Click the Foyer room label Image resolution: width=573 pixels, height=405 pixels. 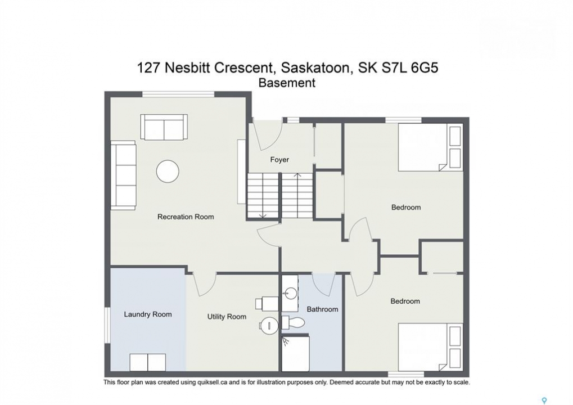(x=279, y=159)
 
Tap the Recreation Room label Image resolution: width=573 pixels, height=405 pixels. (x=186, y=217)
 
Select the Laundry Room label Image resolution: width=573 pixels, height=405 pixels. (x=148, y=314)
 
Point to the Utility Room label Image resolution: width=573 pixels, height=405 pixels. (x=227, y=317)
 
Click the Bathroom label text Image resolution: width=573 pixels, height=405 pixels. (x=322, y=309)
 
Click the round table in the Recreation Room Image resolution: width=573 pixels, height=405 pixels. (x=168, y=171)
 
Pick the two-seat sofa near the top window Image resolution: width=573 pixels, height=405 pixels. (x=164, y=127)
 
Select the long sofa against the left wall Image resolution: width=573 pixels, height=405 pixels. (x=124, y=175)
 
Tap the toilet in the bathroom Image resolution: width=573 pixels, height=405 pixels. (x=293, y=323)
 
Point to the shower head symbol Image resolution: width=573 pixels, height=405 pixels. (x=286, y=341)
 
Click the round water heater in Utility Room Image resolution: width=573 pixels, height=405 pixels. (x=269, y=325)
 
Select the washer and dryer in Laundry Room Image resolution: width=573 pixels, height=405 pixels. (x=148, y=362)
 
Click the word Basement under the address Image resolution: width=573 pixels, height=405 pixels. (x=287, y=83)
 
